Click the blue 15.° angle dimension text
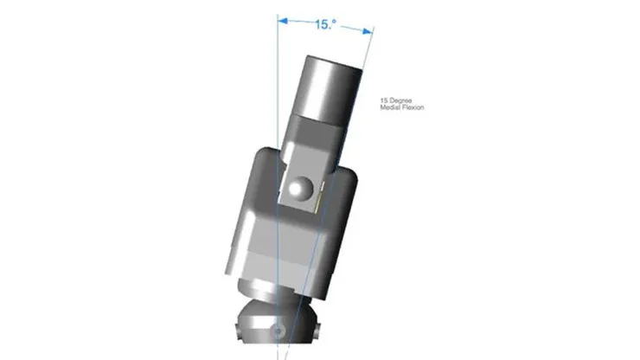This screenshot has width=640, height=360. pos(325,24)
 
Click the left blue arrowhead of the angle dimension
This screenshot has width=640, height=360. pos(283,21)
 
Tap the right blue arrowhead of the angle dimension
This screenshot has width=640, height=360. pos(368,30)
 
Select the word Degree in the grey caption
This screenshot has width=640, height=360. pos(400,100)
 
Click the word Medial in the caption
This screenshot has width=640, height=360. pos(389,107)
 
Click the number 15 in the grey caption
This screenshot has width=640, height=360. pos(384,100)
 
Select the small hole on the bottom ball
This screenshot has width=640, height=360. pos(278,331)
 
